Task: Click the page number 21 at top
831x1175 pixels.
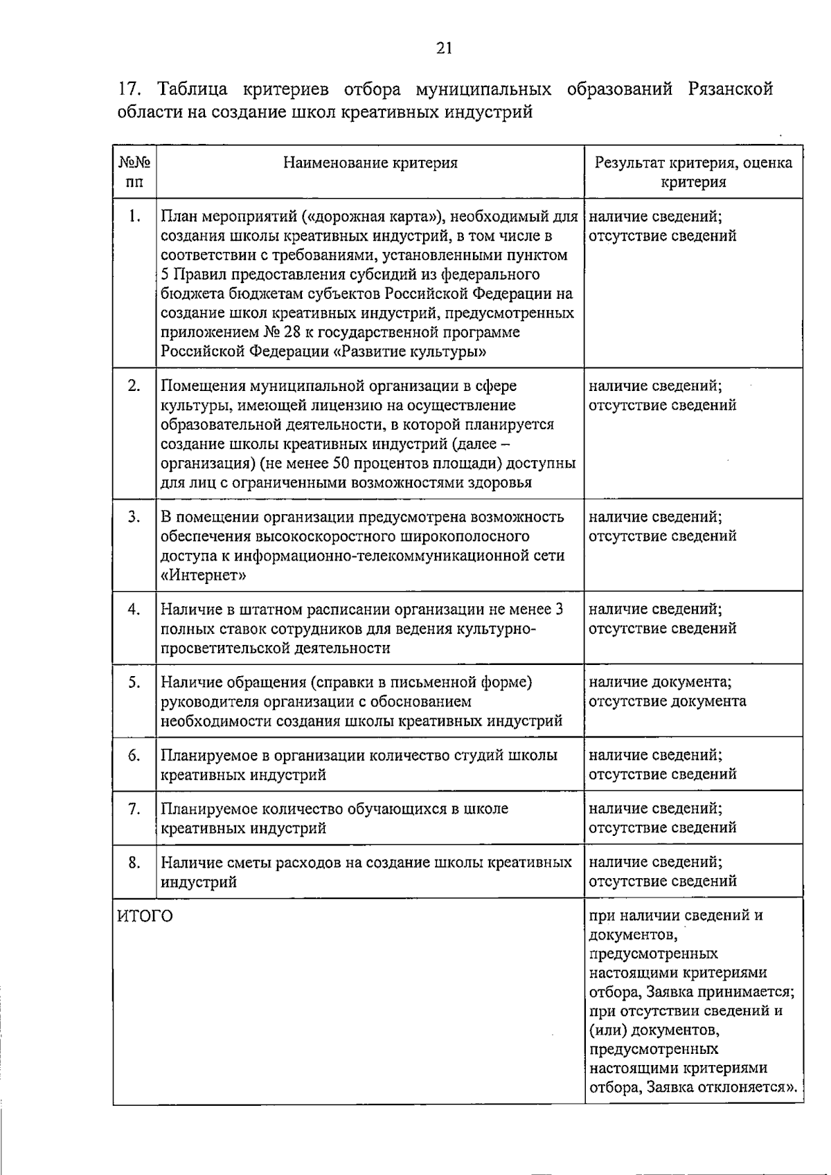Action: click(444, 48)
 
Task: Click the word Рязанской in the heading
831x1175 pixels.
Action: click(730, 89)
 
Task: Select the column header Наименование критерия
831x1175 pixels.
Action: click(370, 163)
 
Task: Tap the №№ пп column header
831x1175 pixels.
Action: click(134, 172)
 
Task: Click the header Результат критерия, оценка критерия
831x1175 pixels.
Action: click(693, 172)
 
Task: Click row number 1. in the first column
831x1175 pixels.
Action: click(134, 217)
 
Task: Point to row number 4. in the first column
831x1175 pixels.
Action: click(134, 609)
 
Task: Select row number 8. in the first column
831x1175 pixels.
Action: click(134, 862)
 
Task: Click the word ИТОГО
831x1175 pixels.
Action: click(145, 916)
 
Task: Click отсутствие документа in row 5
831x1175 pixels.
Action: click(668, 701)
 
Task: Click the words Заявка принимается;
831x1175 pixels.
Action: click(720, 992)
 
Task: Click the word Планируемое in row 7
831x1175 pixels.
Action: click(204, 809)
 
